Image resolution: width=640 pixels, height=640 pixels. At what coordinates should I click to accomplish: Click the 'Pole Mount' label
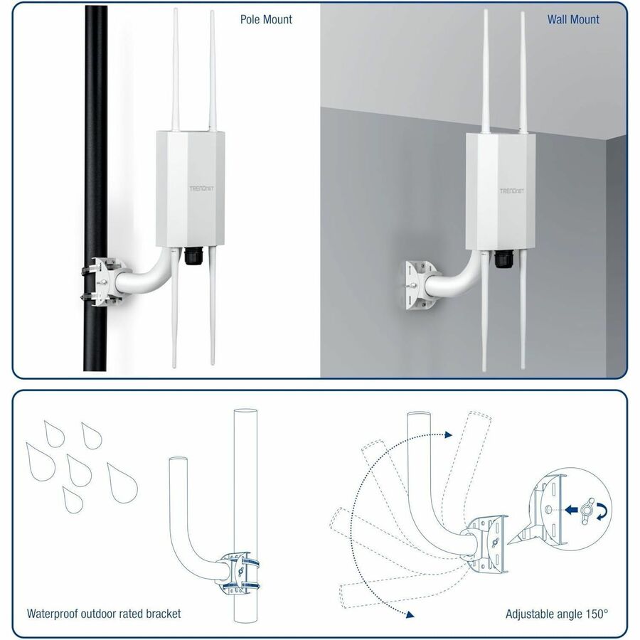pos(266,19)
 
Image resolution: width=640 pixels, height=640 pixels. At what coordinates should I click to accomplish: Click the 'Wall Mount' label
pos(573,19)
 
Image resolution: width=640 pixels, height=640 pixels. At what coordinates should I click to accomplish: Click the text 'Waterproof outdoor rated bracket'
pos(104,613)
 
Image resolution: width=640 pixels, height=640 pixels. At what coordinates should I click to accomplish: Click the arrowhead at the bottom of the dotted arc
pos(408,612)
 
